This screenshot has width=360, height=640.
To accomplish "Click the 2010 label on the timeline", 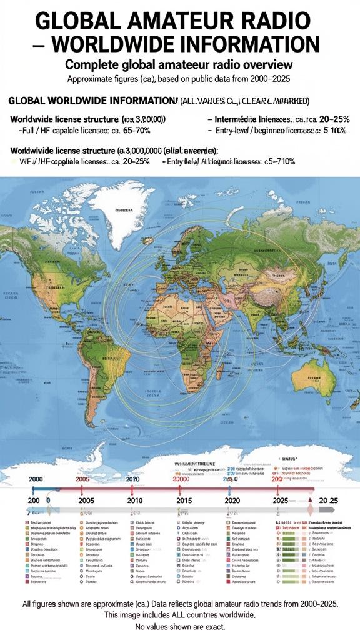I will (134, 501).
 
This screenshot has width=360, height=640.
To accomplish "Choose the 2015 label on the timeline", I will (184, 501).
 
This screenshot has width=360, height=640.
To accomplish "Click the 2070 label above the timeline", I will (133, 478).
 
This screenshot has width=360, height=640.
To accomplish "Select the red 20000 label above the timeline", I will (180, 478).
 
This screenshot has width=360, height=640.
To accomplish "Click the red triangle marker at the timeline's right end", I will (309, 500).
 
